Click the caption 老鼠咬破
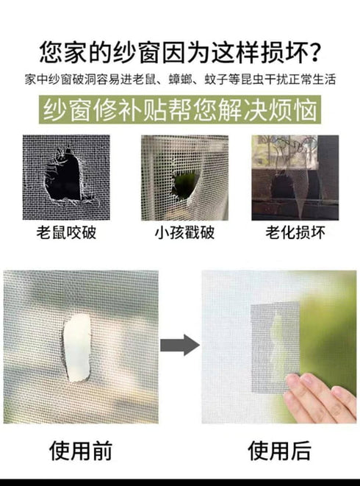[66, 232]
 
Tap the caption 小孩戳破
[184, 232]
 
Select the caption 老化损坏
[295, 232]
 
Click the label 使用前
[81, 451]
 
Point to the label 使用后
[279, 451]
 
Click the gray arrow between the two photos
[180, 345]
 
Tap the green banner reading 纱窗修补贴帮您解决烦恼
[180, 110]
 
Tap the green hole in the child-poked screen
[185, 185]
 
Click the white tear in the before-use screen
[77, 347]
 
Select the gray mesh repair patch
[275, 347]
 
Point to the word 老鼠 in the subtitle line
[145, 79]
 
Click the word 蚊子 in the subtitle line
[216, 79]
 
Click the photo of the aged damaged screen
[295, 178]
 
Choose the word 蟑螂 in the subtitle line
[180, 79]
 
